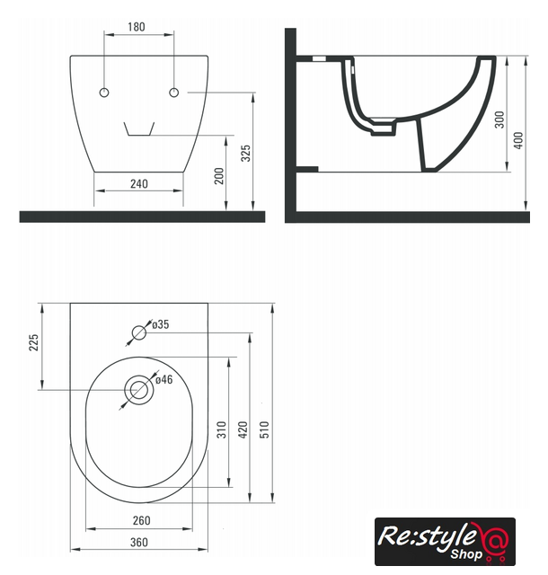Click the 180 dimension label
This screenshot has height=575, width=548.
coord(136,27)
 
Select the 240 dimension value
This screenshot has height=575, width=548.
coord(139,183)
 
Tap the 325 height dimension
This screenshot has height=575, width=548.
coord(246,153)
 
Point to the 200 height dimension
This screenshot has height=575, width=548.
coord(219,176)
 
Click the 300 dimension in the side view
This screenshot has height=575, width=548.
coord(499,119)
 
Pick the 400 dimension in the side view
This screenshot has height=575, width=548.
coord(518,140)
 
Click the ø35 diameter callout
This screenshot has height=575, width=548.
coord(160,324)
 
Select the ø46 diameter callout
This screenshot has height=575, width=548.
coord(164,379)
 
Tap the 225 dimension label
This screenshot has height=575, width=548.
coord(33,342)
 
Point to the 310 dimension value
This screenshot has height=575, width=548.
coord(222,429)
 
